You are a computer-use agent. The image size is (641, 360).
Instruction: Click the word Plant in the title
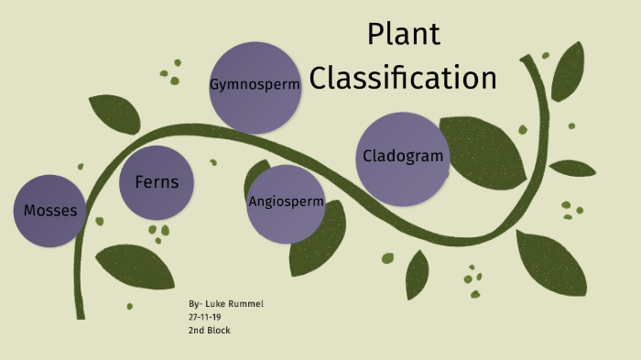tap(404, 34)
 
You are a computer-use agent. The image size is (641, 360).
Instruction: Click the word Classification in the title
tap(403, 77)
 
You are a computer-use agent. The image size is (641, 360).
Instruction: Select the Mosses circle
tap(51, 211)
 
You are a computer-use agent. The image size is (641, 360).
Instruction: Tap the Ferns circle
tap(157, 183)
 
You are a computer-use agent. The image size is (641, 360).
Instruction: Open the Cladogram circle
tap(403, 158)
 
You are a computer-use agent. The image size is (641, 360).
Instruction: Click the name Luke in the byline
tap(215, 303)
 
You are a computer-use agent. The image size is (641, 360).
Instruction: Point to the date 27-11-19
tap(205, 316)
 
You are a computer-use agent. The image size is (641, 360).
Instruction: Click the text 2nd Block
tap(210, 330)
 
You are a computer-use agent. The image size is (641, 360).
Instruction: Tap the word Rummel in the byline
tap(246, 303)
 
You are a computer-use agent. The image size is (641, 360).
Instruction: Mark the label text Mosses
tap(51, 212)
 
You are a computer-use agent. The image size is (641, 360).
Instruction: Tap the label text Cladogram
tap(403, 156)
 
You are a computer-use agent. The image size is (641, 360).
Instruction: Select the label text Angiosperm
tap(286, 202)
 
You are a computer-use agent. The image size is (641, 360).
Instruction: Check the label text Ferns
tap(157, 182)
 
